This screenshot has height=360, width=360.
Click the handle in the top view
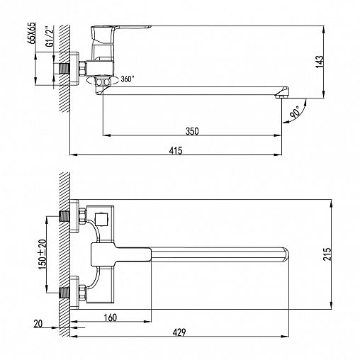point(120,253)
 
